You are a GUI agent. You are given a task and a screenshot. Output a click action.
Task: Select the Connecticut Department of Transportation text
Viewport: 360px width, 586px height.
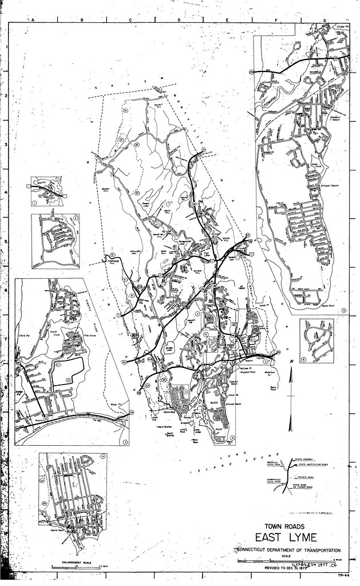[284, 549]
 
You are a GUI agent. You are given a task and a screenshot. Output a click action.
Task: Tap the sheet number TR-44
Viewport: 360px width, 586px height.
[343, 576]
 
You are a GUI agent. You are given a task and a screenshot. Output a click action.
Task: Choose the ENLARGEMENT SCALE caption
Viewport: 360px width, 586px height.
[62, 563]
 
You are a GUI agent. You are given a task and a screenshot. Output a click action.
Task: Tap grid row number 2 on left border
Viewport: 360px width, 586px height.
[5, 96]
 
